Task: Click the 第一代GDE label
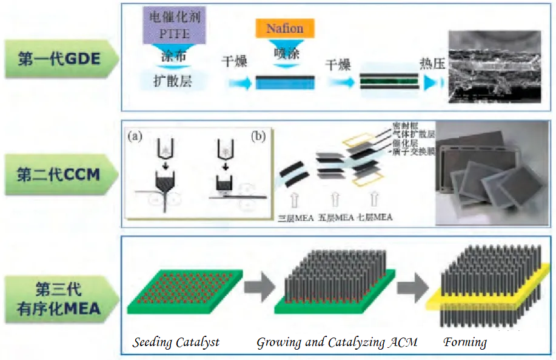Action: click(x=59, y=59)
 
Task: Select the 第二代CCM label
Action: click(x=59, y=175)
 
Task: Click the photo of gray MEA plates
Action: click(x=492, y=172)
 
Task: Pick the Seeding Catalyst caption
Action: click(x=176, y=343)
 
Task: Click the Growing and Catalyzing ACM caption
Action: click(x=337, y=343)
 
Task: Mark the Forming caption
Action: click(x=465, y=343)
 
